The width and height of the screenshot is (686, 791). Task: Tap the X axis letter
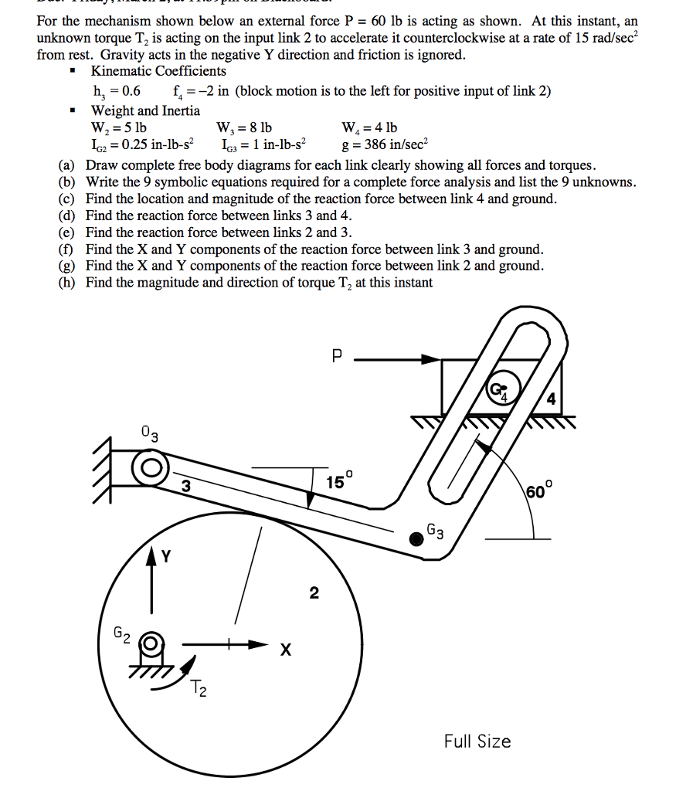click(285, 651)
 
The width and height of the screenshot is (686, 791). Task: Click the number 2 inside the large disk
click(313, 593)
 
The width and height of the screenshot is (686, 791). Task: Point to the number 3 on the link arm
click(185, 487)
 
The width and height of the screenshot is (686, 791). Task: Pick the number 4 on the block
click(550, 399)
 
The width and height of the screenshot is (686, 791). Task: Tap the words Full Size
click(477, 742)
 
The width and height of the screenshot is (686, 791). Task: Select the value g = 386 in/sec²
click(383, 144)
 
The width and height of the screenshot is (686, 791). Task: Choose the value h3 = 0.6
click(116, 91)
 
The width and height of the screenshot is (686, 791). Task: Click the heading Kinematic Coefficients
click(158, 71)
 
